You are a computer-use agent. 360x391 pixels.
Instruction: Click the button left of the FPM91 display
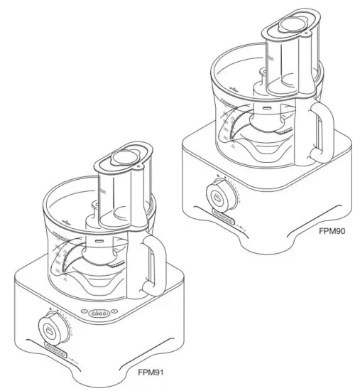(86, 312)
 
